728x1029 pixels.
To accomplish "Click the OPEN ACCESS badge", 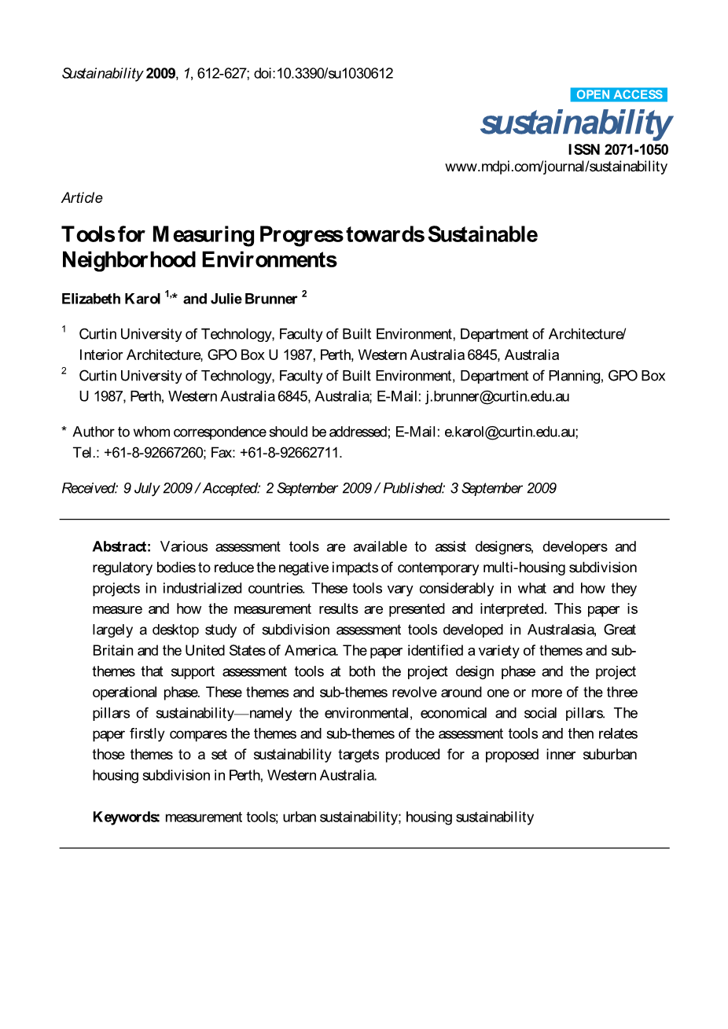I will coord(619,94).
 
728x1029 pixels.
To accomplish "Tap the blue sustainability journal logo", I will coord(575,123).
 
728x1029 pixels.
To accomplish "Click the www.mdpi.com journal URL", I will coord(556,167).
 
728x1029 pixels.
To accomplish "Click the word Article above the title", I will coord(82,197).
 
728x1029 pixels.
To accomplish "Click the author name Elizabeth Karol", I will coord(111,299).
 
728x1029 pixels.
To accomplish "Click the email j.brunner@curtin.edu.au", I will coord(497,396).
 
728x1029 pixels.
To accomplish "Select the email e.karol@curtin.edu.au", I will coord(509,432).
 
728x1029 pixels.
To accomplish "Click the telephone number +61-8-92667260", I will coord(154,452).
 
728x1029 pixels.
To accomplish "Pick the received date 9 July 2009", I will coord(157,488).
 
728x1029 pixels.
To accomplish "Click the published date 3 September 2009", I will coord(502,488).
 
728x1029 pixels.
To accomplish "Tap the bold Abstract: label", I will coord(121,546).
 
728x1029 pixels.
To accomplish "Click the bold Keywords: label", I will coord(127,817).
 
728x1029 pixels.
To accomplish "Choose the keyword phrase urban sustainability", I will coord(340,817).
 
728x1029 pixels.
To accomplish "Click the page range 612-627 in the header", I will coord(222,73).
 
